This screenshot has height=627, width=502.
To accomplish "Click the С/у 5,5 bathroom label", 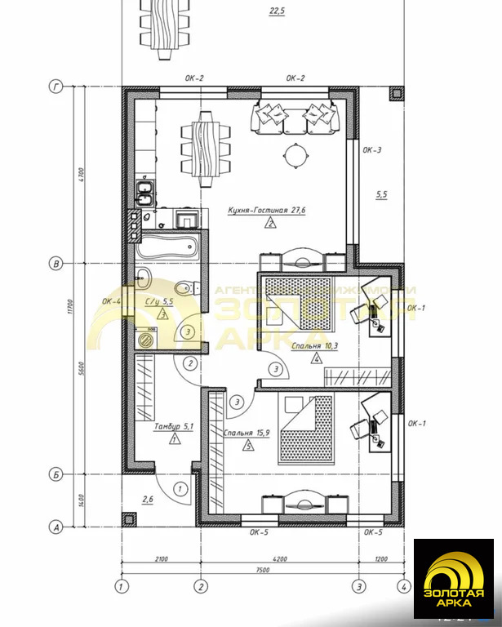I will (x=159, y=301).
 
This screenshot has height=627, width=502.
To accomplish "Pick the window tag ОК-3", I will (x=372, y=150).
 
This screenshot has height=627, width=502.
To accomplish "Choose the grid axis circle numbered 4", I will (x=402, y=586).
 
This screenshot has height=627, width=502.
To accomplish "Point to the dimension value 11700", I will (x=69, y=306).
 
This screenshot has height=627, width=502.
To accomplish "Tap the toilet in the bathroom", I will (x=187, y=287).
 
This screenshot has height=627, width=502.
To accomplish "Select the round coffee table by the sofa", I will (x=295, y=153).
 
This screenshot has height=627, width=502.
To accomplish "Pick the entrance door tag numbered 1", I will (x=180, y=489).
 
